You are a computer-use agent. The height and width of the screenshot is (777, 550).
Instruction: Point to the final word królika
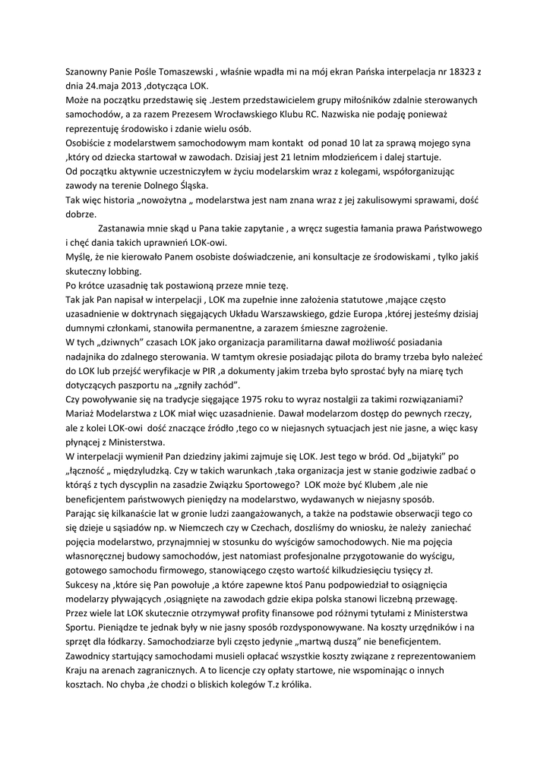[x=292, y=685]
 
